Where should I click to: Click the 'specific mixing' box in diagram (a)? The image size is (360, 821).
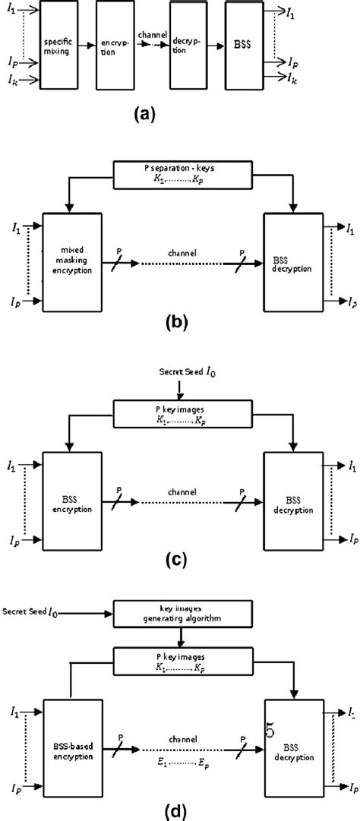[x=58, y=45]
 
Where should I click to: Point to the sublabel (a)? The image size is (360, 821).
[x=142, y=115]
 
